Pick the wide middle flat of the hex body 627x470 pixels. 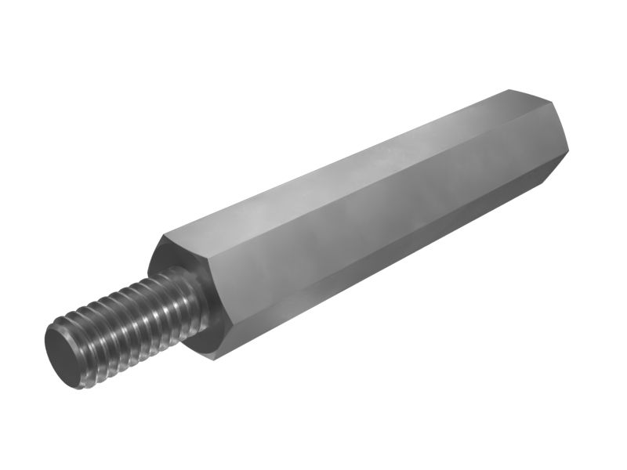pos(368,227)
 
